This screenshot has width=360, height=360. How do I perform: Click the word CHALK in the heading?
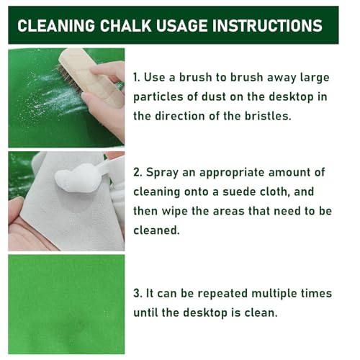(125, 25)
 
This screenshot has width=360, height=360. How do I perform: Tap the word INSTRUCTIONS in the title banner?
(267, 25)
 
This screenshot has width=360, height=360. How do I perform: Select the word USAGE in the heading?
(181, 25)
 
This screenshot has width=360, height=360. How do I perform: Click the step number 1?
(136, 77)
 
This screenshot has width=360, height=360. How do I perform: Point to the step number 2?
(138, 172)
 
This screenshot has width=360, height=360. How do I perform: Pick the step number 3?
(138, 293)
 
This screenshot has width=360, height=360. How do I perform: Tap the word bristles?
(268, 116)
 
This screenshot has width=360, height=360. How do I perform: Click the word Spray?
(162, 173)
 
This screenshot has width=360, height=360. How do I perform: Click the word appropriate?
(232, 173)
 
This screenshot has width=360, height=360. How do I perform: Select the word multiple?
(274, 294)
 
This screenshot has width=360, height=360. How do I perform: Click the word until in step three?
(145, 312)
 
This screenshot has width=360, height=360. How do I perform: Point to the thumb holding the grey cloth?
(17, 207)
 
